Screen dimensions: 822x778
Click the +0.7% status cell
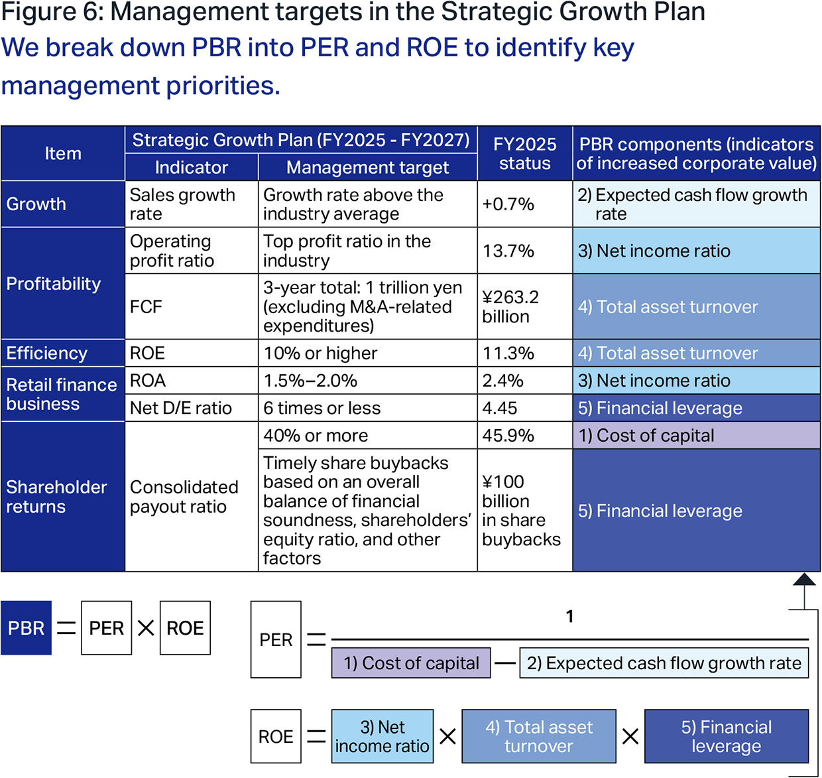(524, 204)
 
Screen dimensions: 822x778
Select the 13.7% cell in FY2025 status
(524, 251)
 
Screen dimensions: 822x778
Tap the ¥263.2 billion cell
(524, 306)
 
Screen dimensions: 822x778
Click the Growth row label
(63, 204)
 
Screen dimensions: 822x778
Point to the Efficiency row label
(63, 354)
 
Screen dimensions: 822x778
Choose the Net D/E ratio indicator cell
(192, 408)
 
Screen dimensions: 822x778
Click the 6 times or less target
(367, 408)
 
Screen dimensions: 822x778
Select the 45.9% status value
(524, 435)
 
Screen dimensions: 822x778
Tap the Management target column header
(367, 167)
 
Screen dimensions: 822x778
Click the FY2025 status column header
(524, 154)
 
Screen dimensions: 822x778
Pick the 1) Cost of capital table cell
(696, 435)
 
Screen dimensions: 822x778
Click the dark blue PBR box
(26, 627)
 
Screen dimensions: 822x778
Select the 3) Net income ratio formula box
(382, 736)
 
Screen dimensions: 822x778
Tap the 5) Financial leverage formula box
(727, 736)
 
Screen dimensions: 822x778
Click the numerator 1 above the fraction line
(569, 616)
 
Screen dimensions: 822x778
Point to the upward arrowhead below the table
(804, 579)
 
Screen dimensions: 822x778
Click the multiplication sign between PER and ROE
(145, 627)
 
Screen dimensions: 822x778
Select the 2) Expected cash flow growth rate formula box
(664, 663)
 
